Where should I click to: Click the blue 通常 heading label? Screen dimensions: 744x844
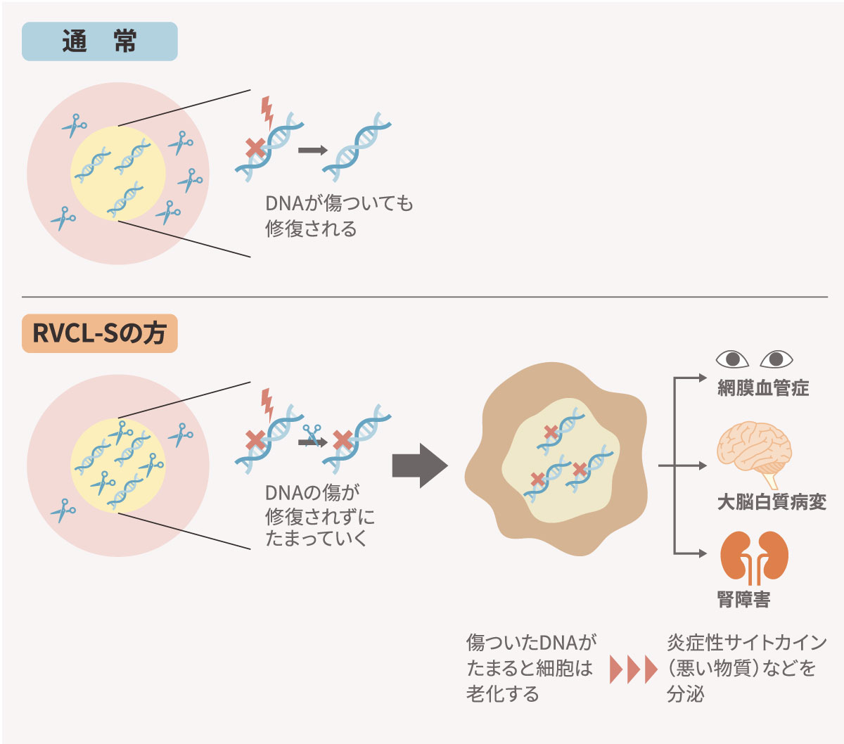(x=99, y=42)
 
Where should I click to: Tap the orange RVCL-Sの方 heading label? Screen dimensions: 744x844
(x=99, y=333)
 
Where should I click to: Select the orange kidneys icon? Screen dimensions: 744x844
(x=754, y=558)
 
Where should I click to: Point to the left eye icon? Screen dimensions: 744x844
(x=732, y=359)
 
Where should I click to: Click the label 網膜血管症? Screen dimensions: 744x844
(x=763, y=388)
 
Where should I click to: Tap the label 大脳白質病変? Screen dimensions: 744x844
(x=771, y=502)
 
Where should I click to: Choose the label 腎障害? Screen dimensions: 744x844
(x=743, y=600)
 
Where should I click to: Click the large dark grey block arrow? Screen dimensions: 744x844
(x=420, y=466)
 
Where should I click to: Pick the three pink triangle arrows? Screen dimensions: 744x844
(x=633, y=669)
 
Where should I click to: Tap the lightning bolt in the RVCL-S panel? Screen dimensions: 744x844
(x=267, y=404)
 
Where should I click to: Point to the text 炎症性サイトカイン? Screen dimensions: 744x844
(x=746, y=643)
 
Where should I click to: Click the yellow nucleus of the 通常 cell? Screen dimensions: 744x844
(x=118, y=174)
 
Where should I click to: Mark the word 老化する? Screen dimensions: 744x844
(x=502, y=694)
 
